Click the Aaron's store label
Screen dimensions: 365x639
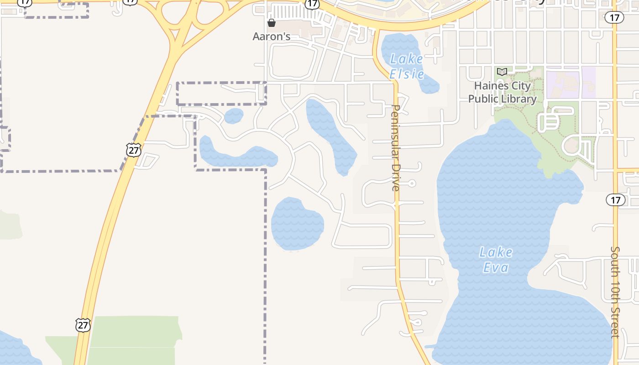coord(272,36)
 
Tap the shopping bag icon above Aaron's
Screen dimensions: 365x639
coord(272,23)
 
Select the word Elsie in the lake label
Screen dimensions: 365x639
coord(407,74)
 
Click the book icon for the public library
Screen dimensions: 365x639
coord(502,72)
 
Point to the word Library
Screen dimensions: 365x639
coord(518,99)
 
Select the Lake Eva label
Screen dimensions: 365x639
coord(496,260)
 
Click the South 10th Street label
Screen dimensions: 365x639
coord(615,292)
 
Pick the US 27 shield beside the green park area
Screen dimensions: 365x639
coord(83,325)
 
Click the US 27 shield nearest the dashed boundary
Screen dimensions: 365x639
coord(133,150)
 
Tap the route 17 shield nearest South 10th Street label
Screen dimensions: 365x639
coord(615,199)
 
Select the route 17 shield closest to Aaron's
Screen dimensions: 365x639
coord(312,4)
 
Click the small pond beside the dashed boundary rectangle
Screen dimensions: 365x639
coord(234,116)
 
